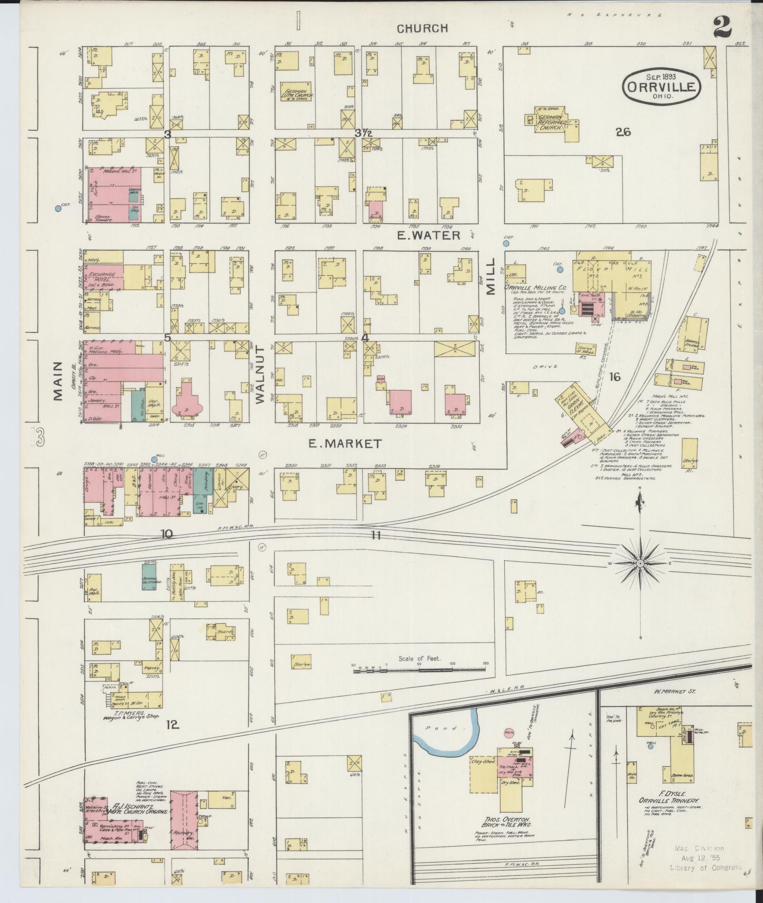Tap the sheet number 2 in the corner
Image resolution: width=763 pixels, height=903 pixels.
tap(722, 28)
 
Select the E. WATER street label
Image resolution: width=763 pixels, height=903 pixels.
tap(428, 235)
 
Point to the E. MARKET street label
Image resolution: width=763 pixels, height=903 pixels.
tap(345, 443)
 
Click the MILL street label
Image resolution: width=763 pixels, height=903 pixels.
tap(491, 277)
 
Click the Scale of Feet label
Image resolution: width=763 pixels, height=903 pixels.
tap(419, 658)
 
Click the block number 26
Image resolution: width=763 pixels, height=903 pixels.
tap(623, 133)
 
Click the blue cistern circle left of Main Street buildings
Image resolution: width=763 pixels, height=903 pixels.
tap(58, 209)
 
